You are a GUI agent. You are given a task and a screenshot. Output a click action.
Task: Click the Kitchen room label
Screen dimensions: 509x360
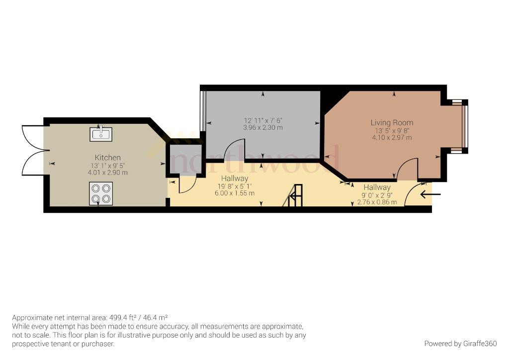point(108,158)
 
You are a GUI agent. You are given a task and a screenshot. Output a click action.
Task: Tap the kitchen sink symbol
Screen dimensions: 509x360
point(101,133)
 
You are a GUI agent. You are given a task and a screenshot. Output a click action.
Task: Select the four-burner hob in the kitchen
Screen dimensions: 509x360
point(101,193)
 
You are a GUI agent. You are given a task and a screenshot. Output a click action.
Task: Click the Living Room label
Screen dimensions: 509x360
point(392,123)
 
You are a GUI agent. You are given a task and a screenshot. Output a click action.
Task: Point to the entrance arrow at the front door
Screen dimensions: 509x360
point(430,194)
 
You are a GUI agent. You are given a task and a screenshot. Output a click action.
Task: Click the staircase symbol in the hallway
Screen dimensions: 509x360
point(293,195)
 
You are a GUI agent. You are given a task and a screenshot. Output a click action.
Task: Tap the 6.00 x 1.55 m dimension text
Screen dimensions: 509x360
point(235,193)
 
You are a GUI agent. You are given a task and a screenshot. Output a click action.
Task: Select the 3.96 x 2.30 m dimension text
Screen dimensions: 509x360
point(263,128)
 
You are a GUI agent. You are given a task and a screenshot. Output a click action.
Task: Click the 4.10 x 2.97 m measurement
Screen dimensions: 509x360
point(392,138)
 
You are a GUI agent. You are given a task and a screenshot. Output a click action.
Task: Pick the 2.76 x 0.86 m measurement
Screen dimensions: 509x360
point(377,202)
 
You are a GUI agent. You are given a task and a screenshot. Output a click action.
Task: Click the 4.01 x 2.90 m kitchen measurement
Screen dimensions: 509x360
point(108,173)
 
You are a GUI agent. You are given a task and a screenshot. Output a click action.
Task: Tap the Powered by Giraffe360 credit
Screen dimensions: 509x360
point(461,344)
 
